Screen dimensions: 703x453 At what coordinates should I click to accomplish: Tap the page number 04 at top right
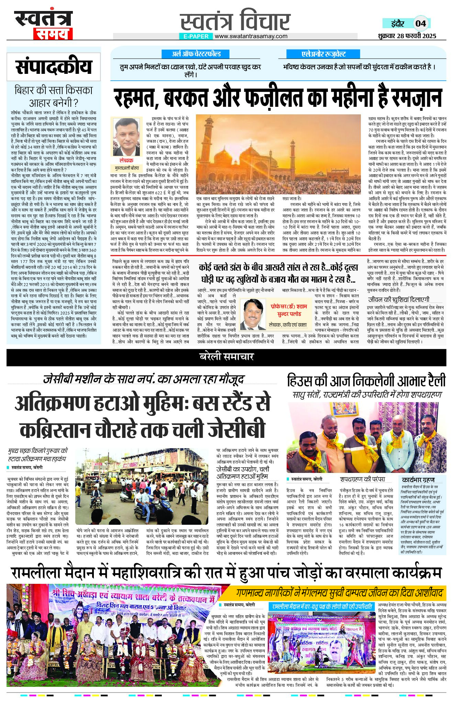click(421, 23)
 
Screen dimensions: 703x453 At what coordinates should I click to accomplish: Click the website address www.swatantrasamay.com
click(251, 36)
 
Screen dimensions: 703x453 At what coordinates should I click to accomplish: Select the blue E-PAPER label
click(196, 36)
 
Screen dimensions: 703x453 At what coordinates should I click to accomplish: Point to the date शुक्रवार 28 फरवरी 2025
click(407, 36)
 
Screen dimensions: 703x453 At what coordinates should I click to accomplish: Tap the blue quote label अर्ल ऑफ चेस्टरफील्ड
click(196, 54)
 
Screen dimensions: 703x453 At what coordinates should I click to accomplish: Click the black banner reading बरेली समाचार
click(226, 356)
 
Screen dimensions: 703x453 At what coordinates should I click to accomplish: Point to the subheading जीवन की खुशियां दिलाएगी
click(399, 299)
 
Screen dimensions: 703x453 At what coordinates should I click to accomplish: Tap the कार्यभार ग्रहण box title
click(418, 480)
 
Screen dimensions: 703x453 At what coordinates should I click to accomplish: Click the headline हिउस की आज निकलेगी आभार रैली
click(366, 381)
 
